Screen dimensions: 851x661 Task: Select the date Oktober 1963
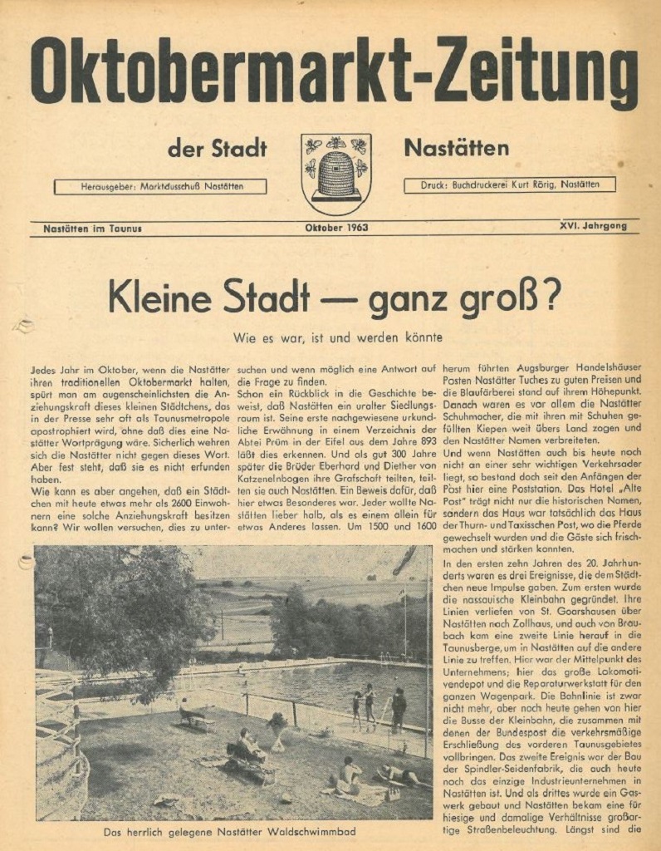click(x=336, y=227)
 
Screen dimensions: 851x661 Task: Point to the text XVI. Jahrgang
click(x=593, y=225)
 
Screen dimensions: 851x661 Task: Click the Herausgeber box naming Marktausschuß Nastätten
click(x=161, y=187)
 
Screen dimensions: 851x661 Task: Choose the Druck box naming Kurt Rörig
click(x=509, y=184)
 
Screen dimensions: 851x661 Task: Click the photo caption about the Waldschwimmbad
click(x=229, y=830)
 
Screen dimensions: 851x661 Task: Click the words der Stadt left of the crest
click(x=217, y=150)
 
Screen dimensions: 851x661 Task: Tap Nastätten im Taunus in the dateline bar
click(x=93, y=228)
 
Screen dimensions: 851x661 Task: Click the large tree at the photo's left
click(x=116, y=615)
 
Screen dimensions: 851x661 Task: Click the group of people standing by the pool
click(x=378, y=706)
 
